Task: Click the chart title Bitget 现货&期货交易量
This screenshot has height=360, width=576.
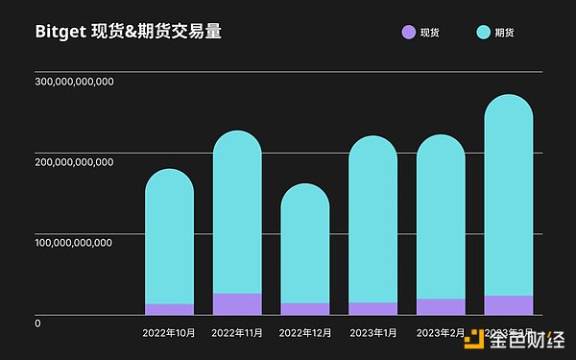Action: (x=129, y=32)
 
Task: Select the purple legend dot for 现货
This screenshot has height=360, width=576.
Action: (x=408, y=33)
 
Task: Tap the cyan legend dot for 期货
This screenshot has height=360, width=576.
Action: (x=483, y=33)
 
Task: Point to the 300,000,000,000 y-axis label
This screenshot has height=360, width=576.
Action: (x=75, y=82)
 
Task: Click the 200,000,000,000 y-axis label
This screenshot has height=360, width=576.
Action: (x=75, y=161)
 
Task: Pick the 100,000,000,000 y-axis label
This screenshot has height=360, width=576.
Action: (x=75, y=242)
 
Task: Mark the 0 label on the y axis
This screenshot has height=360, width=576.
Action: (x=37, y=323)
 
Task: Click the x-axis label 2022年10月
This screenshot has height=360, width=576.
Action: (x=169, y=333)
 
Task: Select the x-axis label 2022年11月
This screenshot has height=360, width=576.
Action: (x=237, y=333)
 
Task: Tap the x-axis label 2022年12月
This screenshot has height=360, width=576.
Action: (x=305, y=333)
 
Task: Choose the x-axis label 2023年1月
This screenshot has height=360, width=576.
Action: (x=372, y=333)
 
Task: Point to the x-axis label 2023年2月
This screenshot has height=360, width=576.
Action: (x=441, y=333)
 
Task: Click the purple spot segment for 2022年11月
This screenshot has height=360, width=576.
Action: (x=237, y=303)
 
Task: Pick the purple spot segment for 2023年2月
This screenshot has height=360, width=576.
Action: (x=441, y=306)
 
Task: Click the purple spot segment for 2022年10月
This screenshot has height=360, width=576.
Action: (x=169, y=309)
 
